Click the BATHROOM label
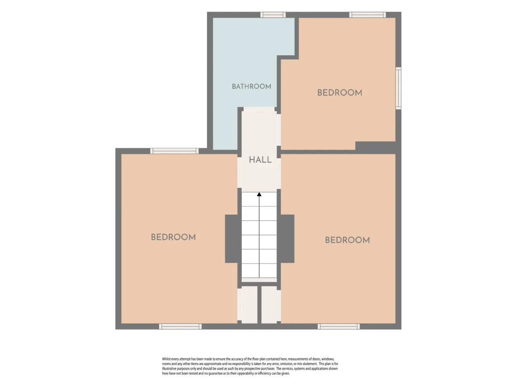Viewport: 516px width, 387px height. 251,86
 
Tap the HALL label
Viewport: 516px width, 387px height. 260,160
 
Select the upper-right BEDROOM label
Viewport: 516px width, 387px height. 340,93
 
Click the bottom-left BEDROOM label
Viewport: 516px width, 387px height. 173,237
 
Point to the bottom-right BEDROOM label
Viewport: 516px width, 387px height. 347,240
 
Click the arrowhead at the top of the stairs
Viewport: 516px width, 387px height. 259,194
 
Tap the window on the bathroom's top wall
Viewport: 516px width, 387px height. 273,15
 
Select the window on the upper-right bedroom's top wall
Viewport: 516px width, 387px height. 367,15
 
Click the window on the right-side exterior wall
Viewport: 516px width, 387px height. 398,88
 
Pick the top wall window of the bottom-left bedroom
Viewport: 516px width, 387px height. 175,151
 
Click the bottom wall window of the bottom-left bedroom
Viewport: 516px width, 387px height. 180,327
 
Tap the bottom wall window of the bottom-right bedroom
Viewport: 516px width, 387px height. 339,327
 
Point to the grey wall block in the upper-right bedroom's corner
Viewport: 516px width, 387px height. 375,146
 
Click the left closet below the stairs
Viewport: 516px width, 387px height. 250,304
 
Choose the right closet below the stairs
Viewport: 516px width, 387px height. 269,304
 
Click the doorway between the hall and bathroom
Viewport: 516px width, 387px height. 259,109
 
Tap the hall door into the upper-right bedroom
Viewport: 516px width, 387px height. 279,130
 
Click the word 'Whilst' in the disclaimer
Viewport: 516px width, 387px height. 166,359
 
